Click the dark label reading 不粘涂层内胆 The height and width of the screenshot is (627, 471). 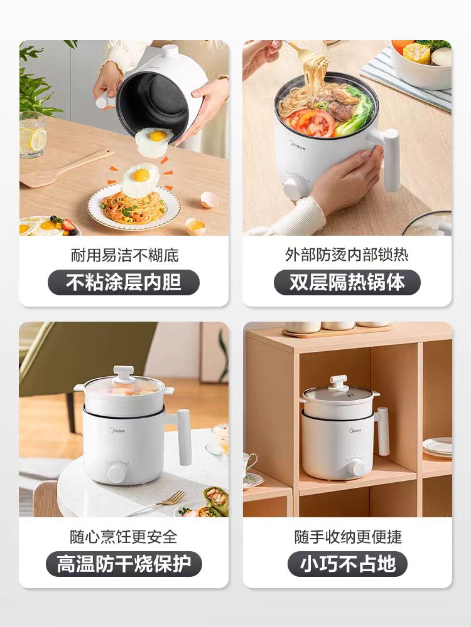123,282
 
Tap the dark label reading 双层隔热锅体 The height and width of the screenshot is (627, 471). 347,282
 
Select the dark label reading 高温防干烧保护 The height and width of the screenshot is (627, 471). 123,564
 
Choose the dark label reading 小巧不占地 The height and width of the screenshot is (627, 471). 347,564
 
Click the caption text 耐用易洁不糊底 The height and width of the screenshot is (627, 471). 124,255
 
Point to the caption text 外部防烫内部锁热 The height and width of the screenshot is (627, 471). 347,255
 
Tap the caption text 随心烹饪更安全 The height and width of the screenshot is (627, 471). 124,537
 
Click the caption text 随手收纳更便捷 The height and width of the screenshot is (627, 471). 348,537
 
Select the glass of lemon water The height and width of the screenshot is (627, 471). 33,134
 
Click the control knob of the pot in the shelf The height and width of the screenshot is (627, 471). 355,466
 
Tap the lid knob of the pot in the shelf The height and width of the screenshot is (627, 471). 338,382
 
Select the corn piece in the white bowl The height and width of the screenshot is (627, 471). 416,53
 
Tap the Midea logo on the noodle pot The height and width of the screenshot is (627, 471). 297,145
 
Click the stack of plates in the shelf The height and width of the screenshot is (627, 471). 437,448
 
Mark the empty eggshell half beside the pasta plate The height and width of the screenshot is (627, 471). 210,199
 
